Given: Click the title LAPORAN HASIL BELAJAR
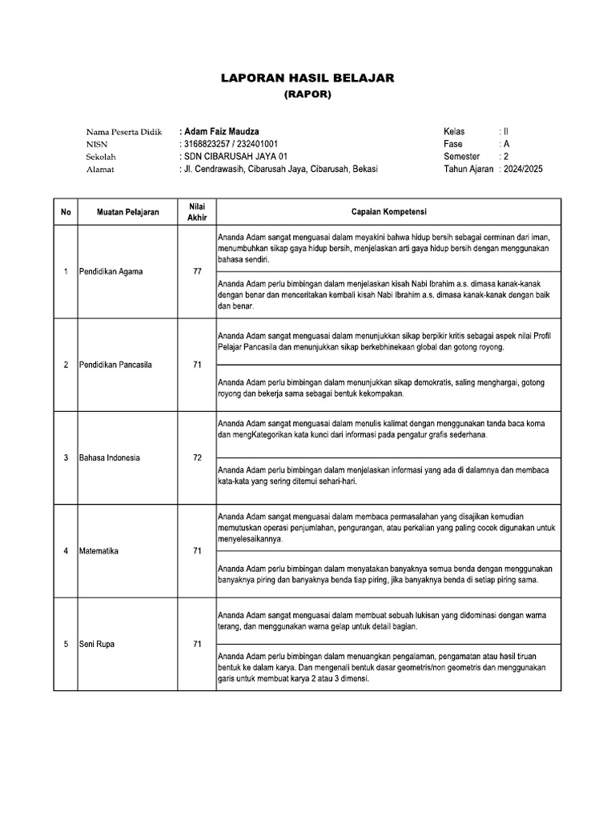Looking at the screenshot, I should click(x=307, y=78).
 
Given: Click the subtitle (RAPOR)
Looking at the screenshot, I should click(x=307, y=94).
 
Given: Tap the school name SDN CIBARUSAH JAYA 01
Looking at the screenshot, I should click(x=235, y=156).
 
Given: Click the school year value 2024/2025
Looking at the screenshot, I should click(x=522, y=169).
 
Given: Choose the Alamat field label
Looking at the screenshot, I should click(x=99, y=169).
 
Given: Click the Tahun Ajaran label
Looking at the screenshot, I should click(x=468, y=169).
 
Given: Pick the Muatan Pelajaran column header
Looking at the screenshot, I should click(x=128, y=212).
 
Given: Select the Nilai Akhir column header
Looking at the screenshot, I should click(x=197, y=212).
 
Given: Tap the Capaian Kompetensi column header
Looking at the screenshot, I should click(x=388, y=212).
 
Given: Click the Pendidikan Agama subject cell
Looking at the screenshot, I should click(x=111, y=272).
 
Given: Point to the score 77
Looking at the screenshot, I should click(x=197, y=272).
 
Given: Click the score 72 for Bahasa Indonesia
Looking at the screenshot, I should click(x=197, y=457).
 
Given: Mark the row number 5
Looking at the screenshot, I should click(x=65, y=644).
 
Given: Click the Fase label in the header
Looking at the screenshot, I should click(x=453, y=143).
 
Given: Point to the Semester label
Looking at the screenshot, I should click(x=462, y=156).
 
